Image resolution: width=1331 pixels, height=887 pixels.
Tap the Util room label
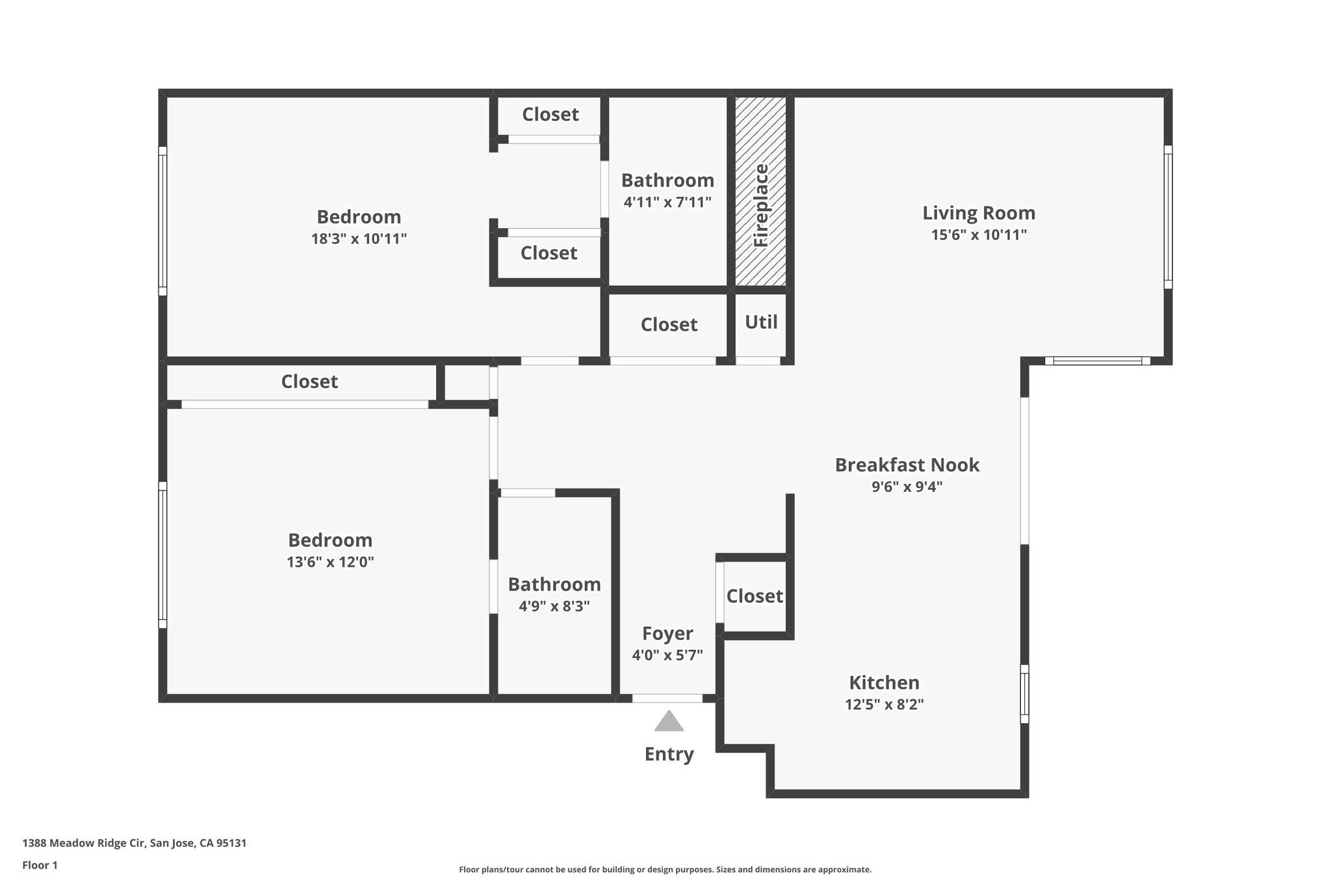(x=761, y=322)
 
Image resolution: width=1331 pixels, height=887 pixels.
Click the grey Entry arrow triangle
(x=669, y=721)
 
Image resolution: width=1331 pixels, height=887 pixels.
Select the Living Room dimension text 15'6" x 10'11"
(x=979, y=235)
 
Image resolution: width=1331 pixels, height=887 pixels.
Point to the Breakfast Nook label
(x=907, y=465)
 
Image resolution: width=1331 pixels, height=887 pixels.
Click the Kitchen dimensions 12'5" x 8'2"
(x=884, y=704)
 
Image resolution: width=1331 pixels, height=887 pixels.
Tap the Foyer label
(x=667, y=633)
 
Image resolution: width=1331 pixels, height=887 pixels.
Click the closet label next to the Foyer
(x=754, y=596)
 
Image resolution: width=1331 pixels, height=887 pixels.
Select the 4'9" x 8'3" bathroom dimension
(x=554, y=606)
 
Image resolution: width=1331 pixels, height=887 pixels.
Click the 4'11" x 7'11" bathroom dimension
(x=667, y=202)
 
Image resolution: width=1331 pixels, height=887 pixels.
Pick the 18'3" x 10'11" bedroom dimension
(x=359, y=238)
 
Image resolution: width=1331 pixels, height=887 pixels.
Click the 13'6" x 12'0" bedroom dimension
(x=330, y=561)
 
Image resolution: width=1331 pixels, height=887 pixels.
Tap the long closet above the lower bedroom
(x=309, y=381)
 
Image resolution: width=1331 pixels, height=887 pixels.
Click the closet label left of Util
(x=669, y=324)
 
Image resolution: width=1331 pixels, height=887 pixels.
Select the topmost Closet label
(x=550, y=114)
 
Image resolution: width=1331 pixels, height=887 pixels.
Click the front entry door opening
(x=667, y=699)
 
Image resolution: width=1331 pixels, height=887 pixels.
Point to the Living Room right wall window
(x=1167, y=216)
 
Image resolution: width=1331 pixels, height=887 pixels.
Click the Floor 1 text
(x=40, y=865)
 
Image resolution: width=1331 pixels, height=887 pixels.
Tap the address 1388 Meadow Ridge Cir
(x=134, y=843)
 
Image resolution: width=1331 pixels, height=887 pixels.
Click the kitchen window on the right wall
(x=1024, y=693)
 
